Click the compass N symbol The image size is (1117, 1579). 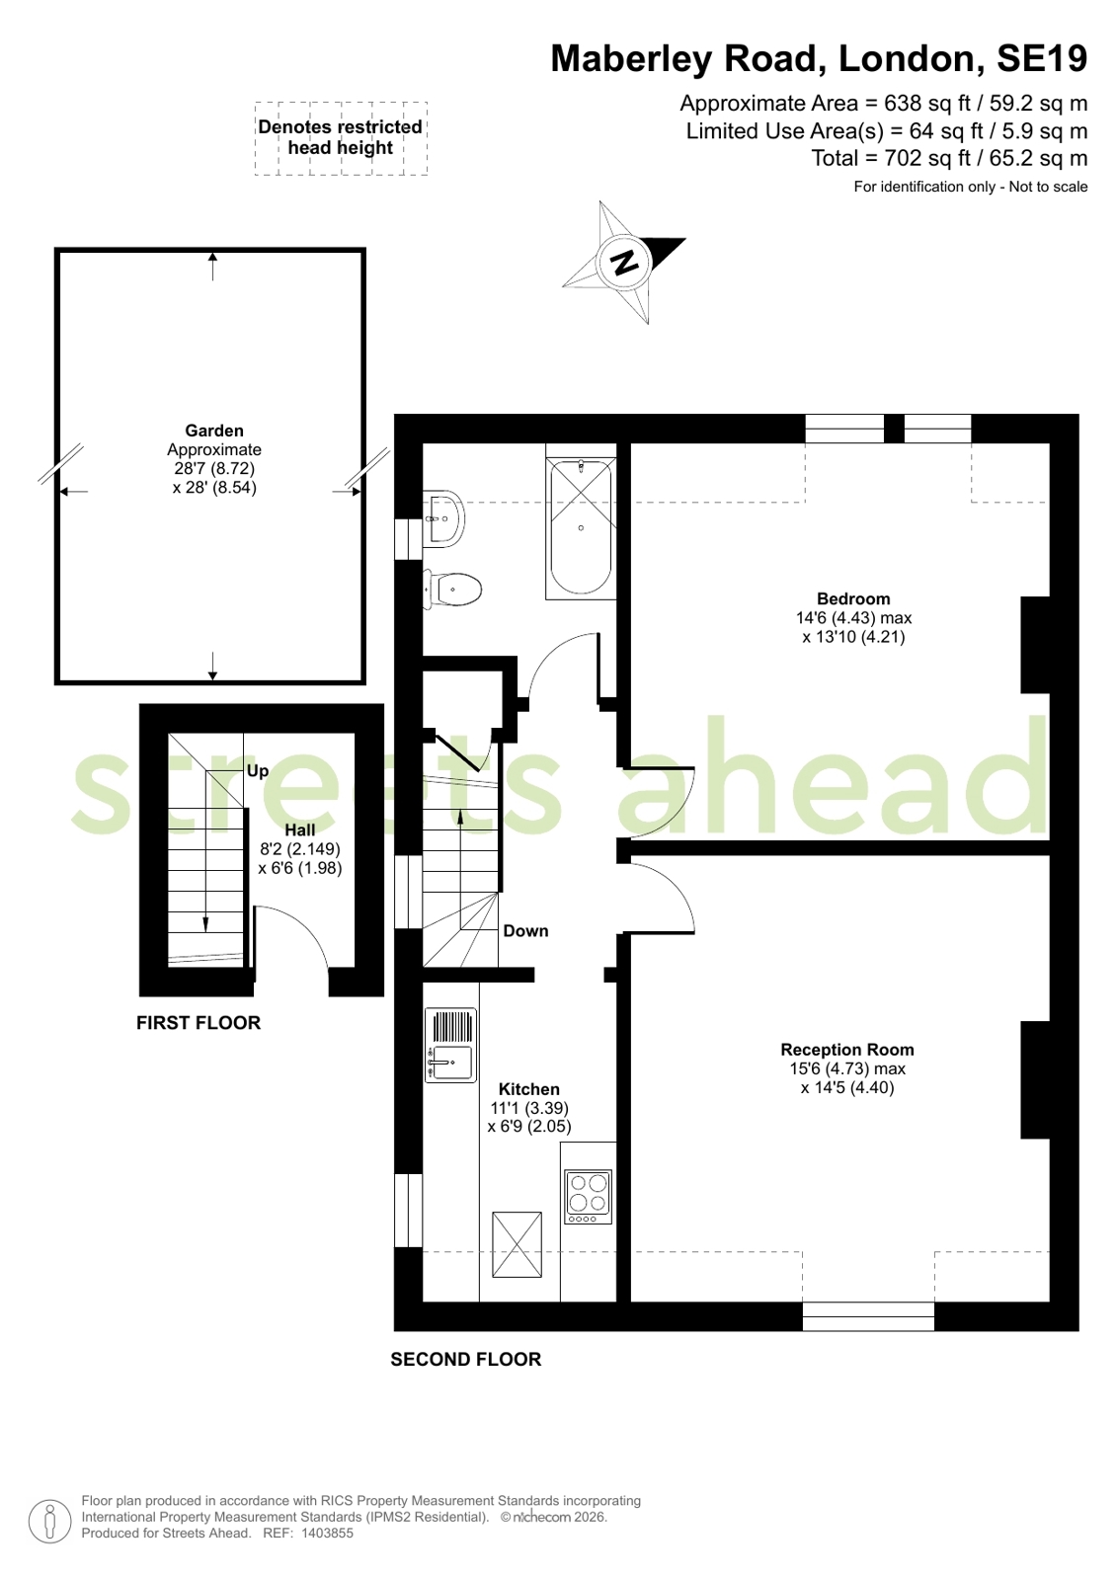[x=624, y=262]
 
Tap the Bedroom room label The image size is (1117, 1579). [x=853, y=598]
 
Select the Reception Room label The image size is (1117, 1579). [x=846, y=1050]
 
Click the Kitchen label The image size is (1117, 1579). [x=528, y=1089]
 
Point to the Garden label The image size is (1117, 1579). [x=214, y=431]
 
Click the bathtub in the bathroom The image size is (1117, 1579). [x=581, y=528]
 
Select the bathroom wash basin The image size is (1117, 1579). [x=445, y=517]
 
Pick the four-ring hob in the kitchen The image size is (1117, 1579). [x=588, y=1194]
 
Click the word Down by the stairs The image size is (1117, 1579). [x=525, y=931]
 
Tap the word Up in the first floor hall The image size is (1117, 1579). [x=258, y=771]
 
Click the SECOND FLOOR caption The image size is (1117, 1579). [x=466, y=1360]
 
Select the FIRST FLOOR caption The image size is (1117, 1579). [x=199, y=1023]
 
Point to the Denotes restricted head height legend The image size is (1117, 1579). [x=341, y=137]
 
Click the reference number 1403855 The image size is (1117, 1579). [x=327, y=1534]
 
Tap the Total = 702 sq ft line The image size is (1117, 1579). [x=948, y=158]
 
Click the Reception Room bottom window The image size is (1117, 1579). [x=868, y=1315]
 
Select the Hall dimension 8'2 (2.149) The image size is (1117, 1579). [x=300, y=849]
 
